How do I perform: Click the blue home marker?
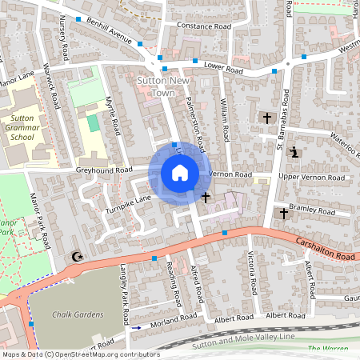click(x=179, y=173)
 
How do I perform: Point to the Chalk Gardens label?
click(x=78, y=314)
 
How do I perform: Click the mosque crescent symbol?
click(x=77, y=257)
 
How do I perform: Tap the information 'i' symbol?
click(x=294, y=152)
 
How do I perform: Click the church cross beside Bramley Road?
click(x=282, y=214)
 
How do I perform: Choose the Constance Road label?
click(x=203, y=26)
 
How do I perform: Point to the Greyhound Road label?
click(x=104, y=170)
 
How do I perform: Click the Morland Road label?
click(x=174, y=318)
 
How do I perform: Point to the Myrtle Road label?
click(x=113, y=115)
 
